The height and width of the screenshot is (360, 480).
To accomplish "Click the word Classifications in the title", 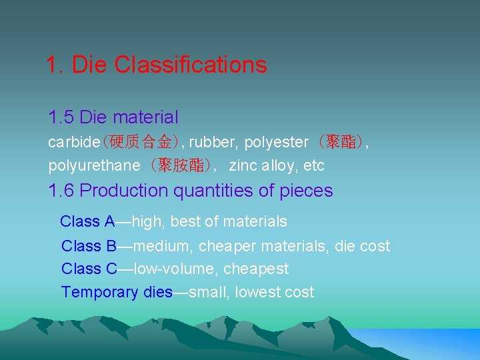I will [190, 65].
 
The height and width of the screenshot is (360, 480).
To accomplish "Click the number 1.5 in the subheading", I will [61, 118].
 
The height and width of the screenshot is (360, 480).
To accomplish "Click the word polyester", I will [276, 142].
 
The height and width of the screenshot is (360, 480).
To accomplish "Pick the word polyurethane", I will [94, 165].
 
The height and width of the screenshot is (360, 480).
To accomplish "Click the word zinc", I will [244, 165].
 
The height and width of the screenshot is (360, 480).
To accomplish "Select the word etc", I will [313, 165].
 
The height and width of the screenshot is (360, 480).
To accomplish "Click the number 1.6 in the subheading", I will [61, 191].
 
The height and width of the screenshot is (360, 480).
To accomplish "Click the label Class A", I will [87, 221].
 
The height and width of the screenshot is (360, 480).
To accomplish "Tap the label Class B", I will [89, 246].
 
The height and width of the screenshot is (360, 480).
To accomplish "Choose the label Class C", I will [89, 269].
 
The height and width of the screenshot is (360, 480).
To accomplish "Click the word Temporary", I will [100, 292].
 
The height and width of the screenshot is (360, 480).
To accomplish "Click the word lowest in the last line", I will [258, 292].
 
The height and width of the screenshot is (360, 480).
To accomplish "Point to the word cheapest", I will [256, 269].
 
